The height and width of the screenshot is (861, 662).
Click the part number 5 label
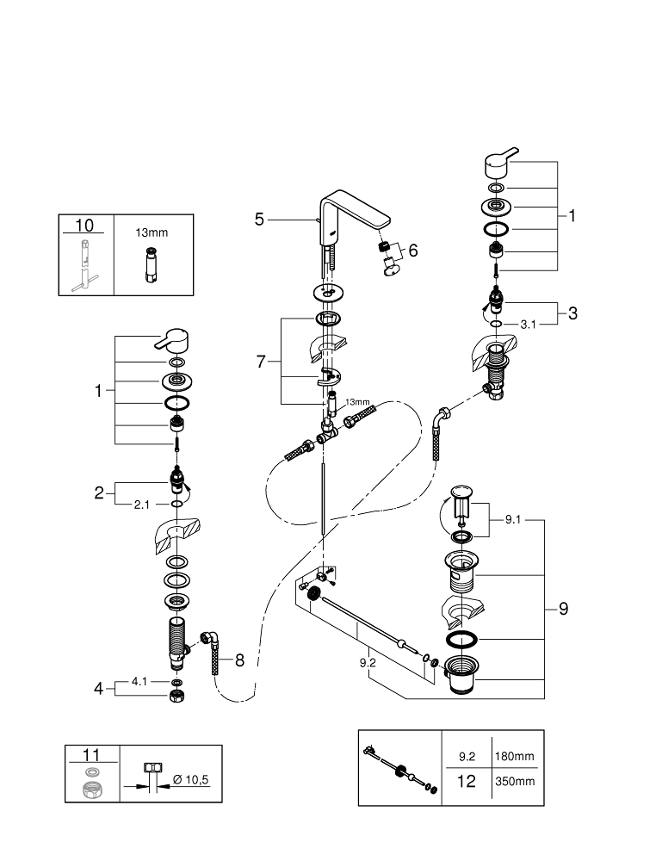(259, 220)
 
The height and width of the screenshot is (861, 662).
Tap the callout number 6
(413, 251)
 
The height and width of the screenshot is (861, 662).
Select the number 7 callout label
(262, 362)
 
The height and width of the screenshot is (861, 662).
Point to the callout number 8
(239, 661)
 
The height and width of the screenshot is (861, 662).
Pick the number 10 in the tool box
(84, 226)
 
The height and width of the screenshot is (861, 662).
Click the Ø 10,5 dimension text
(191, 779)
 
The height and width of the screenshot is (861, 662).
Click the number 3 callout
(572, 313)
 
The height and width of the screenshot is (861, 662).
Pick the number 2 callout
(99, 493)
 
